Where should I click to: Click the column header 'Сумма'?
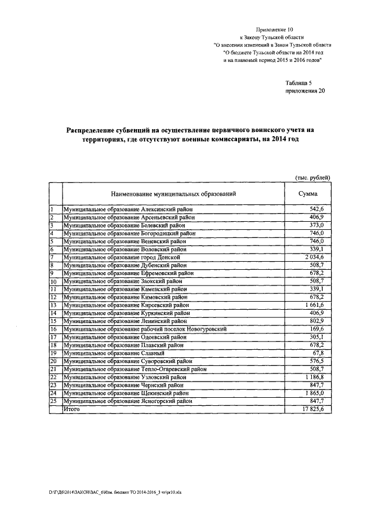pos(307,194)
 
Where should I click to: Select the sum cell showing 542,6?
pos(321,210)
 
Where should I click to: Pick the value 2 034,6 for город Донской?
pos(318,257)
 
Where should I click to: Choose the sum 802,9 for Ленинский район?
pos(321,321)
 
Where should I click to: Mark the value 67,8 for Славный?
pos(323,353)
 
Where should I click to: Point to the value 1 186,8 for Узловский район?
pos(318,376)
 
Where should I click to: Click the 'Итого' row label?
pos(72,408)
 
